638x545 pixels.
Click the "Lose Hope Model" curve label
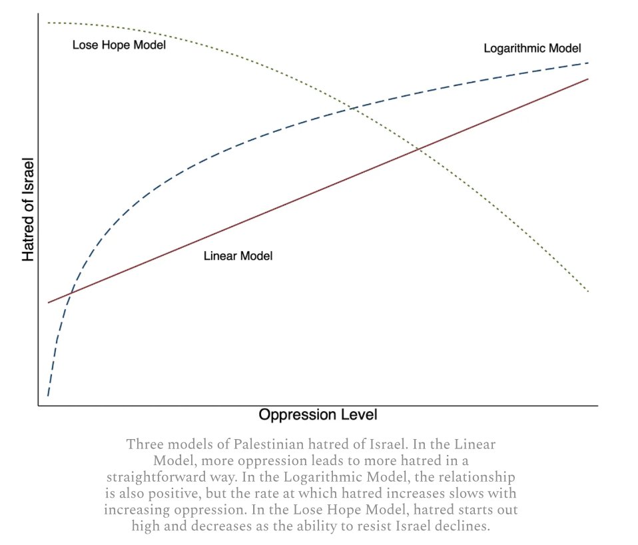[119, 45]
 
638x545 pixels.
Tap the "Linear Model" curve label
[238, 256]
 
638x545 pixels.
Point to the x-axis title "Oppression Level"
[318, 414]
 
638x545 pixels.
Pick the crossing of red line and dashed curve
[69, 294]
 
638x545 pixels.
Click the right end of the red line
[588, 79]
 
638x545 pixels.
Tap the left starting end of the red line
[48, 302]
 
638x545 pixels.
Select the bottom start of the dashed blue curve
[48, 396]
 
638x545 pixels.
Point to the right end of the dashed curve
[588, 63]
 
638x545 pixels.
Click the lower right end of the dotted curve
[588, 292]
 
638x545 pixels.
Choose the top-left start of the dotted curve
[48, 23]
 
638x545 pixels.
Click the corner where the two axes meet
[39, 404]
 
